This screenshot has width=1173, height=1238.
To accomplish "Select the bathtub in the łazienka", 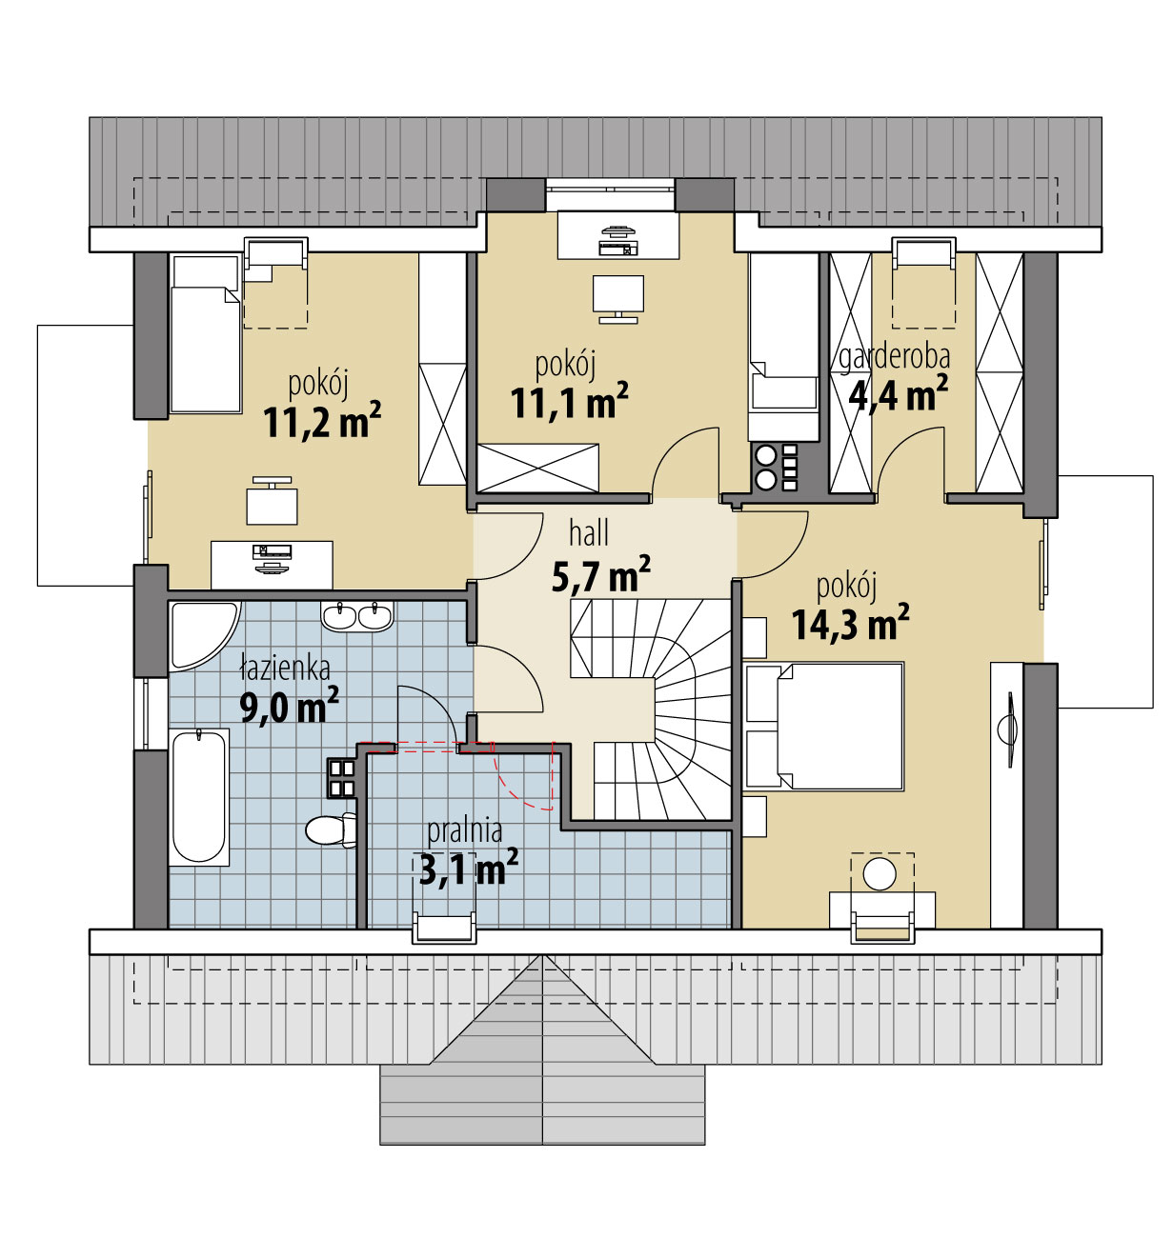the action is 198,797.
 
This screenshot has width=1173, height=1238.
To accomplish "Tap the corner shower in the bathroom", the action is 200,635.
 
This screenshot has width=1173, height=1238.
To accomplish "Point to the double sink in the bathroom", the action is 356,615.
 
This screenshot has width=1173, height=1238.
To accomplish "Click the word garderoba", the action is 894,357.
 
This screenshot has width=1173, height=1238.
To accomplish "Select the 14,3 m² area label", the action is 850,622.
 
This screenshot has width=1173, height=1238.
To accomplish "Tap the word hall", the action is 589,533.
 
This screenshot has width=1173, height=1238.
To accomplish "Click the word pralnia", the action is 465,831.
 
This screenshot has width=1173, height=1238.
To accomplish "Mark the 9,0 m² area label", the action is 290,706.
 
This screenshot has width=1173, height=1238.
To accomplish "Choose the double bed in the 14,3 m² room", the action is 824,726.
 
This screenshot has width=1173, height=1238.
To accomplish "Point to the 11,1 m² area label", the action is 569,403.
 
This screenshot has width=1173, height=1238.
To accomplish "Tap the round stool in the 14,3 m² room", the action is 880,874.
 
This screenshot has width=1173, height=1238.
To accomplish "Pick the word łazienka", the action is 285,669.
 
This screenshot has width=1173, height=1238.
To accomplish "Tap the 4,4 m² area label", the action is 899,393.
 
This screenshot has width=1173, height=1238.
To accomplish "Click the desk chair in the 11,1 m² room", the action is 617,298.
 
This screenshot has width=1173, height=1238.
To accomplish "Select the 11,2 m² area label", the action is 321,421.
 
